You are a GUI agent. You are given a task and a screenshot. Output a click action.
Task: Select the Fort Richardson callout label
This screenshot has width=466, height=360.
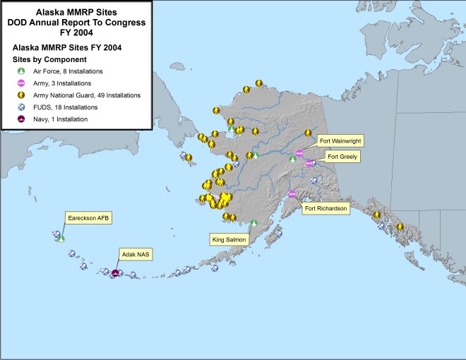[x=325, y=208]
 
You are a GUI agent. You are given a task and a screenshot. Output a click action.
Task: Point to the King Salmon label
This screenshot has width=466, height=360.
[x=229, y=240]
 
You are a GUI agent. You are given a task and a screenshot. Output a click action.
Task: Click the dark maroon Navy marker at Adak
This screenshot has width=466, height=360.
[x=115, y=274]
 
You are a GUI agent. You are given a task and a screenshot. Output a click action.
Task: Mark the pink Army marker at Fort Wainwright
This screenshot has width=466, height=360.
[x=299, y=152]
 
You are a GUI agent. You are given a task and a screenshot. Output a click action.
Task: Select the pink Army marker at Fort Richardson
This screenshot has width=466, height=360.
[x=292, y=194]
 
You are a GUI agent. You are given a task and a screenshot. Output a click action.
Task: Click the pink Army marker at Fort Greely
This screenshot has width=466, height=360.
[x=309, y=164]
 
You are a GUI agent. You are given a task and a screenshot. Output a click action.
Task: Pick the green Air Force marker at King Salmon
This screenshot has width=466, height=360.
[x=254, y=224]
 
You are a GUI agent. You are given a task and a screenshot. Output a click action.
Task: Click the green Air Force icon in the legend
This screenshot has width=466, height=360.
[x=21, y=71]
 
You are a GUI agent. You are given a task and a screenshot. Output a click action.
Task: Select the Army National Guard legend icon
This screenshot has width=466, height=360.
[x=21, y=95]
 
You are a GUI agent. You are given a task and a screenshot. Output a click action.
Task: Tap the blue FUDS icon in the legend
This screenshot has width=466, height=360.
[x=21, y=107]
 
